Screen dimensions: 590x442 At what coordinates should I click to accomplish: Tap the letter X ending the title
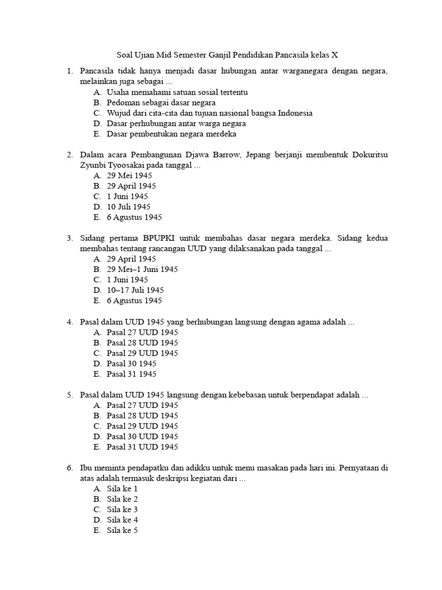334,55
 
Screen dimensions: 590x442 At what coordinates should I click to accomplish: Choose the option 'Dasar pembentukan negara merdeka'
171,134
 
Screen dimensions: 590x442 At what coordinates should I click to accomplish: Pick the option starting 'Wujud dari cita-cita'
209,113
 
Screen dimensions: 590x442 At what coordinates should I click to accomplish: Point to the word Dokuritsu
368,155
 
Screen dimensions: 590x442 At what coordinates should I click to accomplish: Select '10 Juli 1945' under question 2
128,207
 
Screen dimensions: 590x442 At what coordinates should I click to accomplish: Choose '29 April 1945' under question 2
131,186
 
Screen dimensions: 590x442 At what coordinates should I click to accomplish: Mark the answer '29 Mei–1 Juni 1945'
142,269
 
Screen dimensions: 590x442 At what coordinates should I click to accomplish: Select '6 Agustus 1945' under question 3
134,300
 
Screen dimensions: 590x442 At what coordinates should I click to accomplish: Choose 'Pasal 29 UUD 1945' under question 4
142,353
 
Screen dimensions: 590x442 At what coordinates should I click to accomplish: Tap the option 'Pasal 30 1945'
131,363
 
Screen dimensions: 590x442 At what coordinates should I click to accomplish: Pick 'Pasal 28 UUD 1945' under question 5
142,415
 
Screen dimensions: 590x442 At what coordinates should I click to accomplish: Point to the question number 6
69,468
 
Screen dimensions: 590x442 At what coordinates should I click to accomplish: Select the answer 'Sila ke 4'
122,520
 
